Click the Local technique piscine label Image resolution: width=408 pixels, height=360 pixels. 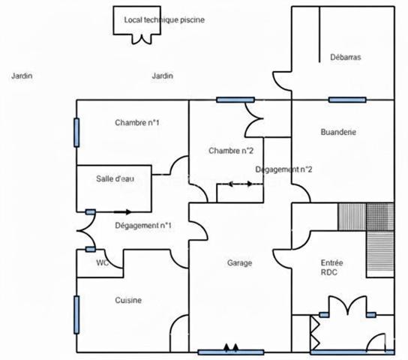163,20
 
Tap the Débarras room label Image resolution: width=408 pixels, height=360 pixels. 346,57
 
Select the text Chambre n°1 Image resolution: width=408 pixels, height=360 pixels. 136,122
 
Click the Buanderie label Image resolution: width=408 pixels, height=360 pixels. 337,132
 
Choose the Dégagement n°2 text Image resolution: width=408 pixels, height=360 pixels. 283,169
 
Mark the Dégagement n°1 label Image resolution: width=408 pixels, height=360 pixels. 143,225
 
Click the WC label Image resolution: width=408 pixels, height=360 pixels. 102,263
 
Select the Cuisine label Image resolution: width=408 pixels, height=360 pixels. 128,300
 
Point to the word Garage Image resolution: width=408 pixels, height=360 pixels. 239,263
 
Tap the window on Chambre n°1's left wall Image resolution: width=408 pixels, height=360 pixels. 76,133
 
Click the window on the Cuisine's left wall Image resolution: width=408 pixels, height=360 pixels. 76,313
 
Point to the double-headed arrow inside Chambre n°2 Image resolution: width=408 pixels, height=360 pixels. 240,183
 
